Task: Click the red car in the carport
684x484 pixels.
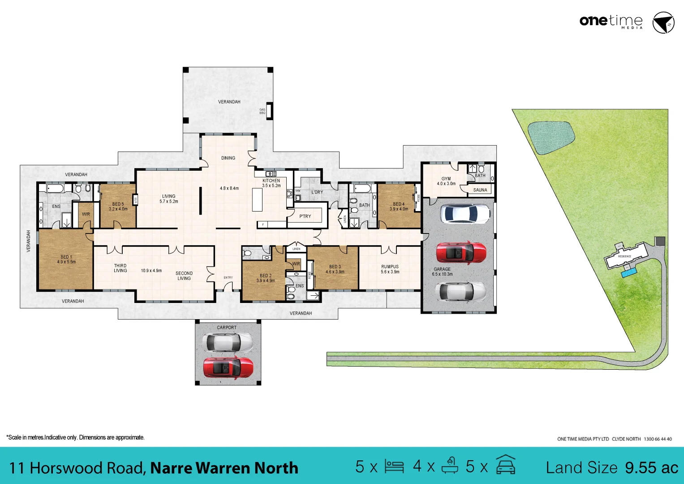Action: click(228, 368)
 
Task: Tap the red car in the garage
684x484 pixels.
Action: click(461, 253)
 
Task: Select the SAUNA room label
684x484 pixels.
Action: click(480, 190)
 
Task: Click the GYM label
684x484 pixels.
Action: click(446, 179)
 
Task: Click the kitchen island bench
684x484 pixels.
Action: click(257, 199)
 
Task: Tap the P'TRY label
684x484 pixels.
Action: click(305, 216)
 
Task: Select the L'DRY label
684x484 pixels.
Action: click(317, 192)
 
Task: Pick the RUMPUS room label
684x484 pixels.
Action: click(390, 267)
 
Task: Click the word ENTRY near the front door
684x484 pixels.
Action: click(228, 278)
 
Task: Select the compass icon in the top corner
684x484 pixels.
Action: click(663, 23)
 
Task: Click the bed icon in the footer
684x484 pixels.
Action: click(394, 467)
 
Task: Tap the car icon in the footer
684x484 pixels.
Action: click(506, 466)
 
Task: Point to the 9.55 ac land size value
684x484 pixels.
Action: click(652, 468)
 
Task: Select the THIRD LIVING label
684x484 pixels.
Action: click(120, 268)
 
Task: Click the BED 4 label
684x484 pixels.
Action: click(399, 204)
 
